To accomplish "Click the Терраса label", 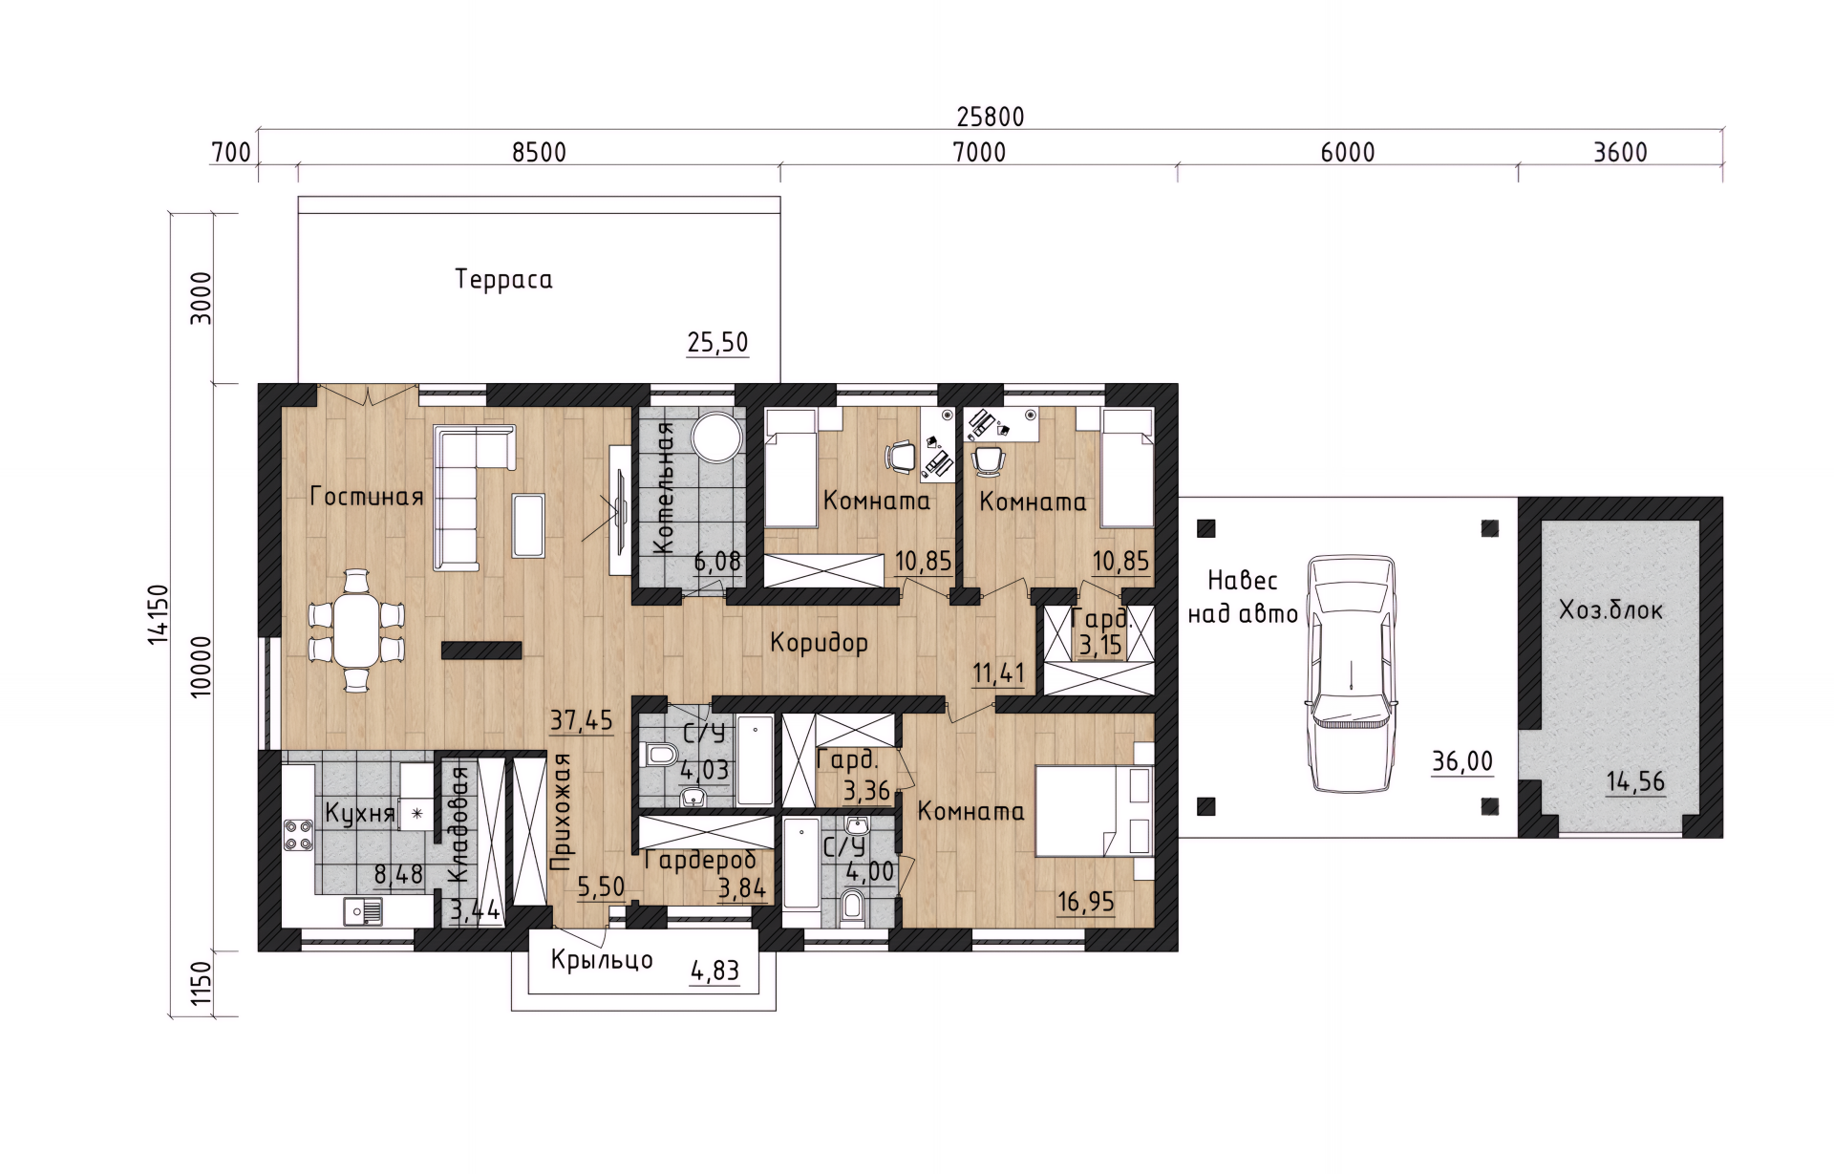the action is [503, 280].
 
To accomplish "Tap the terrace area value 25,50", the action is [717, 342].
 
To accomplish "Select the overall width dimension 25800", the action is [991, 117].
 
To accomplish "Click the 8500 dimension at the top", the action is [539, 153].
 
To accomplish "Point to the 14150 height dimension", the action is [159, 614].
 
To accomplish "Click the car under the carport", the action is [1352, 672].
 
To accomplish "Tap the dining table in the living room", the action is [356, 630].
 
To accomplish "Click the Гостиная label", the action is [367, 497].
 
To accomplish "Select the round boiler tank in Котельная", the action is [716, 438].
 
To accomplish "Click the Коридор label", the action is [820, 643].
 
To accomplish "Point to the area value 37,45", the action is [581, 720].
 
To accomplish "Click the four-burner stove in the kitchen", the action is [299, 835].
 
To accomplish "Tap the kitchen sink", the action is [363, 912].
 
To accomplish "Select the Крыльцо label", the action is [602, 960].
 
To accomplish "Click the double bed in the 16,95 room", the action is [1095, 810].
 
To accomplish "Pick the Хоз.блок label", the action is [1610, 610].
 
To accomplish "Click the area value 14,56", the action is [1635, 781].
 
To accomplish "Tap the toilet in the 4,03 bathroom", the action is [659, 756].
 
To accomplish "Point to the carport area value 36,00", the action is [1462, 761].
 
